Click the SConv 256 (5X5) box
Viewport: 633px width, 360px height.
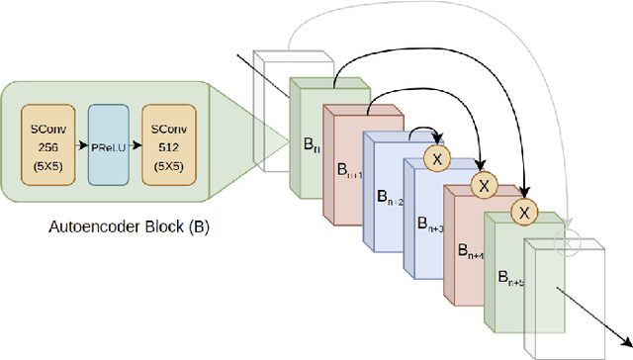[x=48, y=145]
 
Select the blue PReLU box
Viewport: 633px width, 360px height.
[x=108, y=145]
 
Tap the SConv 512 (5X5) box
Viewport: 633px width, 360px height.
[x=169, y=145]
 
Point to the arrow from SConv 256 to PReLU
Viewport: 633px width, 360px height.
[x=79, y=145]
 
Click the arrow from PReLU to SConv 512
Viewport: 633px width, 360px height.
[x=137, y=145]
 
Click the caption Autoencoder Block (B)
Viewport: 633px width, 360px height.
[x=117, y=226]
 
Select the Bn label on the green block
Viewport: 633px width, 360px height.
[x=311, y=144]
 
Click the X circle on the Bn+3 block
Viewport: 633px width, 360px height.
[x=435, y=157]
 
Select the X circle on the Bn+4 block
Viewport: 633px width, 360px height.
[x=483, y=184]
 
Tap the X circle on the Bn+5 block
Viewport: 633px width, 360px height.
[x=525, y=210]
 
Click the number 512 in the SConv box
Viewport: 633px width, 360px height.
[x=169, y=145]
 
